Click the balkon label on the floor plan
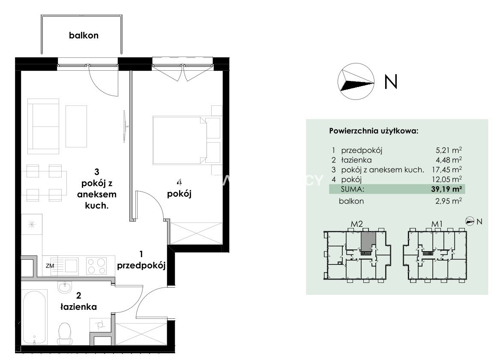coord(84,35)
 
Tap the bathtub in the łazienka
coord(34,317)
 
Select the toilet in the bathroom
coord(65,333)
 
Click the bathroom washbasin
coord(66,286)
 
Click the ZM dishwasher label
coord(50,266)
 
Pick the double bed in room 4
coord(187,140)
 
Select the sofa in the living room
coord(43,126)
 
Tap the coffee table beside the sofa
coord(76,126)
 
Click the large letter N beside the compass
coord(391,81)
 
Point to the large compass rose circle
coord(356,81)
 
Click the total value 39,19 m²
coord(446,189)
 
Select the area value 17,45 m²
coord(446,170)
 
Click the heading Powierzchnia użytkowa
coord(374,131)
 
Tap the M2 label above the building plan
coord(357,224)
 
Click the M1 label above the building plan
coord(437,224)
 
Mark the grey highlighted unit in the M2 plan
coord(368,241)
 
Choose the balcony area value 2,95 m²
coord(449,201)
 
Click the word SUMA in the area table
coord(352,189)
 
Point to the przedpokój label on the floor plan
coord(141,266)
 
